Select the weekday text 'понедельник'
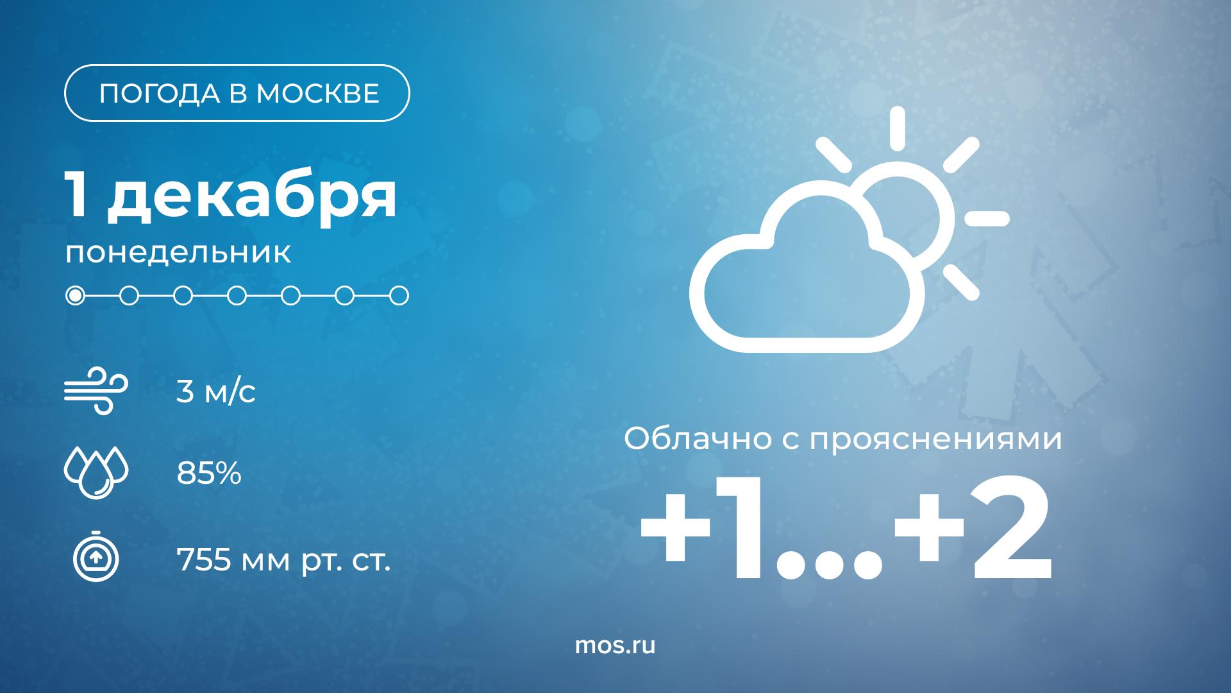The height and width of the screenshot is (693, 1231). pyautogui.click(x=178, y=253)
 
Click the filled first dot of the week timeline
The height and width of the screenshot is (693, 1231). pyautogui.click(x=76, y=296)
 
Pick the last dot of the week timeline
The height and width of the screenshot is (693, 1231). pyautogui.click(x=399, y=296)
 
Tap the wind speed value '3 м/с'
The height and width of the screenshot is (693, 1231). pyautogui.click(x=216, y=391)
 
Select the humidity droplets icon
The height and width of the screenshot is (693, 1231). pyautogui.click(x=96, y=474)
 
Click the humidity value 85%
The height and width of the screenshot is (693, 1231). pyautogui.click(x=209, y=474)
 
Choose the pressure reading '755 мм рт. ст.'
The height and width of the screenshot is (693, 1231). pyautogui.click(x=283, y=562)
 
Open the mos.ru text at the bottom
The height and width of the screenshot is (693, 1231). pyautogui.click(x=615, y=646)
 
